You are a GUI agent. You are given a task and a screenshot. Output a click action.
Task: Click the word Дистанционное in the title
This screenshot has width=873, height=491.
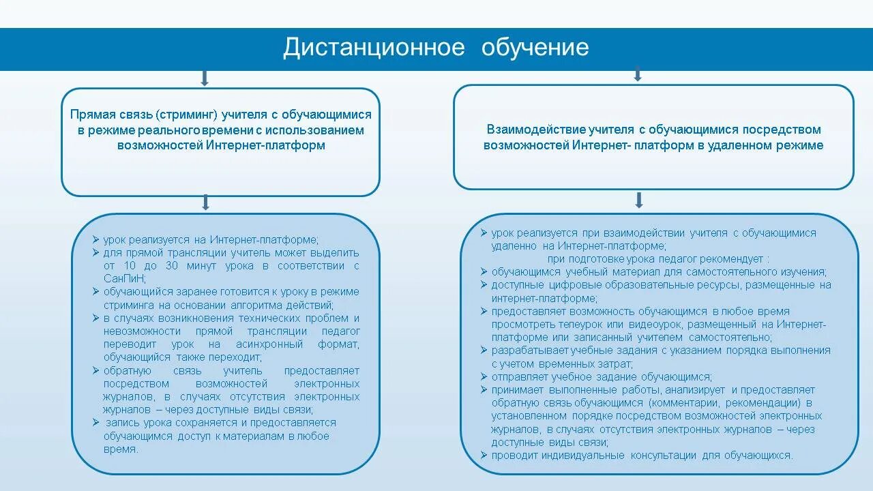click(374, 48)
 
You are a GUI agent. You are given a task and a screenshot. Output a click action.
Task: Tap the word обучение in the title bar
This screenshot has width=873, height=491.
click(535, 48)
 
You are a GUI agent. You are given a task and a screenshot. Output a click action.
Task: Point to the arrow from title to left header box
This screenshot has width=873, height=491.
click(204, 78)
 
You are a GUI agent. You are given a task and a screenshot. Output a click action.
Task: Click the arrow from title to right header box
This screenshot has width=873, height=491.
click(638, 74)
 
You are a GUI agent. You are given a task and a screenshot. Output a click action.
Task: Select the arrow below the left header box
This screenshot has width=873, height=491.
click(205, 203)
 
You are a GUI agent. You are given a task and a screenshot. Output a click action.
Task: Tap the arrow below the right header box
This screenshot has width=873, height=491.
click(639, 200)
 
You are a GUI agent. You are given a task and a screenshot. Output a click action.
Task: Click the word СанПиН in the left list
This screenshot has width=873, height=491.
click(124, 279)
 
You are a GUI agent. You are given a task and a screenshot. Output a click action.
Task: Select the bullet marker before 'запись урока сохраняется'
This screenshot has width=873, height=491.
click(97, 423)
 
